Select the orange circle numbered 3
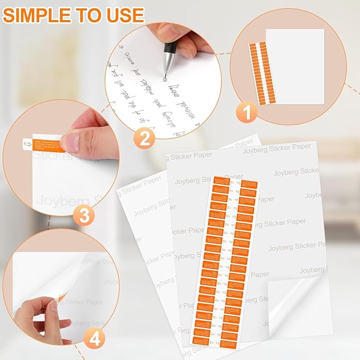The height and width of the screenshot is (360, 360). tap(87, 215)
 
